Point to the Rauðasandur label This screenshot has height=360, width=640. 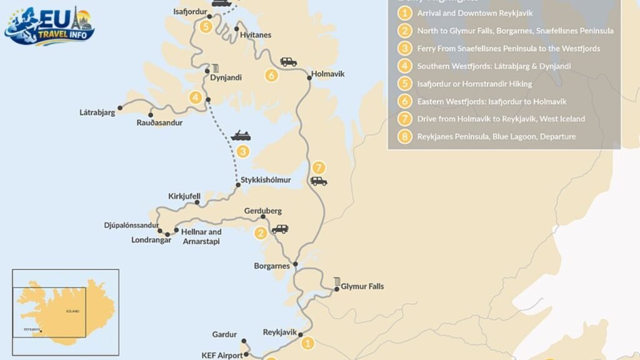[159, 122]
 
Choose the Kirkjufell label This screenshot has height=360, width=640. [184, 196]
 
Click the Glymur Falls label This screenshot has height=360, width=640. [362, 286]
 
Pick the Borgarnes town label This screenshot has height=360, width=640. [272, 266]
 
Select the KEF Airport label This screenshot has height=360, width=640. [222, 355]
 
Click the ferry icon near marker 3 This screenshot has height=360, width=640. [241, 136]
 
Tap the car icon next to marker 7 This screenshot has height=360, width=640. [319, 181]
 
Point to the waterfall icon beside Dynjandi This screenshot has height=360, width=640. [216, 68]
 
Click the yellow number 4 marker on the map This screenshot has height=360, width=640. [196, 97]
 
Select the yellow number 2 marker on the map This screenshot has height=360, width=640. [260, 234]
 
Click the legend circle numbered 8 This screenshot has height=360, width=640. [405, 136]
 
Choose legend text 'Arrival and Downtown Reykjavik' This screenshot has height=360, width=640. [476, 12]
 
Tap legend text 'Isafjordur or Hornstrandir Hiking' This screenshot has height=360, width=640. [474, 84]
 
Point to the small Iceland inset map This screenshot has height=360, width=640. [66, 312]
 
